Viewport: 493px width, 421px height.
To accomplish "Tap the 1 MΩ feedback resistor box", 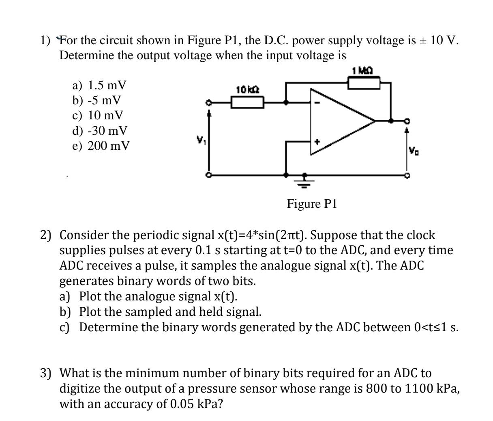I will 364,83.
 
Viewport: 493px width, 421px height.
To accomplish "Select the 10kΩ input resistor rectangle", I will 247,102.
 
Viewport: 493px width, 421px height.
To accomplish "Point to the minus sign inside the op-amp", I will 318,103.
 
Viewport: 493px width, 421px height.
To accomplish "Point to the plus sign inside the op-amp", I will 318,142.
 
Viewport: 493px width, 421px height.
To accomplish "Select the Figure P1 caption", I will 312,203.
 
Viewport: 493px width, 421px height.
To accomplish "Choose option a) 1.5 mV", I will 99,85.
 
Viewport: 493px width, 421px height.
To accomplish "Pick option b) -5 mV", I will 96,100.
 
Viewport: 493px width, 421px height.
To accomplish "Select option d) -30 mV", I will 99,130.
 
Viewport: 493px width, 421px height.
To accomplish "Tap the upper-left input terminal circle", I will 209,103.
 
